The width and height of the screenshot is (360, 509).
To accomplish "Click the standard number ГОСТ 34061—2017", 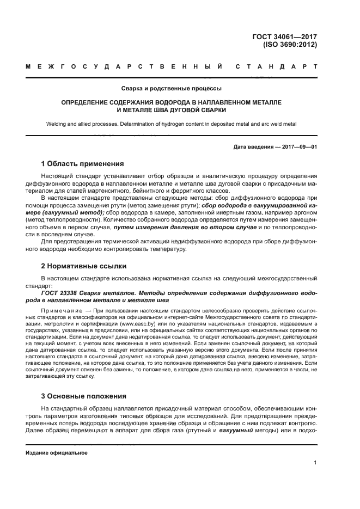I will pos(285,37).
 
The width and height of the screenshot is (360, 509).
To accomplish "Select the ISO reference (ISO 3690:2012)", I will pos(289,46).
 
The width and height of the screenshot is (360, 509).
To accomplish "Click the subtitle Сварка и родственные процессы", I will pos(171,88).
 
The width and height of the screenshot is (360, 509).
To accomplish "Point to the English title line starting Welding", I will pos(171,124).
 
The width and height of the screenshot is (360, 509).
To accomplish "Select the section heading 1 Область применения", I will pos(83,164).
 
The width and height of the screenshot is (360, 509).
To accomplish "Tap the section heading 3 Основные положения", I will pos(84,396).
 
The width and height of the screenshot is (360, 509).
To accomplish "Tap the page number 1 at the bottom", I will pos(315,463).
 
